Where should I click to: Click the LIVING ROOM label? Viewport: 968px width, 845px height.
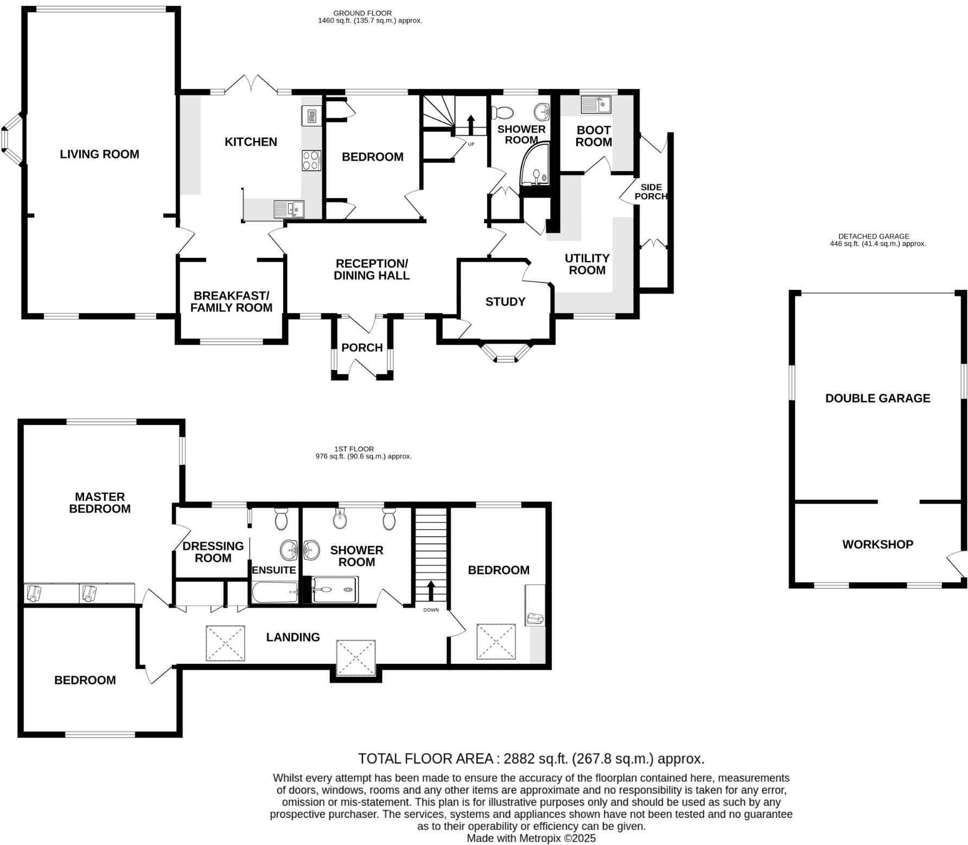(99, 154)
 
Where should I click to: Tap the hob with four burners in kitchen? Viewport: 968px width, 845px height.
(311, 161)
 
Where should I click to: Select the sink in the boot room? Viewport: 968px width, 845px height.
(595, 104)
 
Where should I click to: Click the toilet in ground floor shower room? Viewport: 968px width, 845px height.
(502, 113)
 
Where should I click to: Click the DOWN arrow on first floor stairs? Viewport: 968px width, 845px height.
(431, 590)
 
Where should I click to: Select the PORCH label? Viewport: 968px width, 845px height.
(362, 347)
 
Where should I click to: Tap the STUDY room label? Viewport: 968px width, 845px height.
(505, 302)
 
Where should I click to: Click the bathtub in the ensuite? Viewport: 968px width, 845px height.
(275, 592)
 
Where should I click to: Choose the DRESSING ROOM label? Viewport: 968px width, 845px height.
(213, 552)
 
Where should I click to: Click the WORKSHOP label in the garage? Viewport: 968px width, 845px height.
(877, 544)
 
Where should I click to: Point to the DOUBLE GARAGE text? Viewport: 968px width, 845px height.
(877, 398)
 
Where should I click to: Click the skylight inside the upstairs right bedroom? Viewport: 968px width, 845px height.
(496, 641)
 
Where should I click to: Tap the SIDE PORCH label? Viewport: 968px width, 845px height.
(651, 192)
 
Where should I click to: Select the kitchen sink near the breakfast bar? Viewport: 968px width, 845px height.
(288, 208)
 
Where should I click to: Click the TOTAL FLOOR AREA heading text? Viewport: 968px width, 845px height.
(531, 759)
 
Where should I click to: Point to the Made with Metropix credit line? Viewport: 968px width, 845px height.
(531, 838)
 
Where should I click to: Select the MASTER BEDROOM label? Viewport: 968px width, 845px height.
(100, 503)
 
